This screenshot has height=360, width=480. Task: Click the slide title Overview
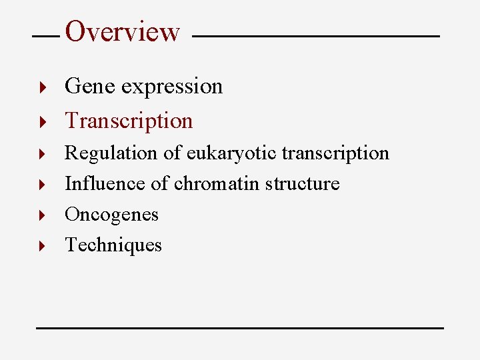click(123, 31)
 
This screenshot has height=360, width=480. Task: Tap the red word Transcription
click(129, 121)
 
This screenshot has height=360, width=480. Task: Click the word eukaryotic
click(231, 153)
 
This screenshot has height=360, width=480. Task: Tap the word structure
click(302, 183)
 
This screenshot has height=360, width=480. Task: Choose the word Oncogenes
click(111, 215)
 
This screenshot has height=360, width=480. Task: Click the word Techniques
click(113, 245)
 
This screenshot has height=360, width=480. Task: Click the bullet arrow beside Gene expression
click(41, 87)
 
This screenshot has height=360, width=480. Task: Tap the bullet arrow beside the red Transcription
click(41, 121)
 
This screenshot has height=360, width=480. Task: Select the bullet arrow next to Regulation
click(41, 154)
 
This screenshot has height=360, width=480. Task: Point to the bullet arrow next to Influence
click(41, 184)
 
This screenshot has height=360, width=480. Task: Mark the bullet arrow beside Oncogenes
click(41, 215)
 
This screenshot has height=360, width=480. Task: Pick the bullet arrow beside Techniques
click(41, 246)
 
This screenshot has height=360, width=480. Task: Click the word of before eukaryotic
click(172, 153)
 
